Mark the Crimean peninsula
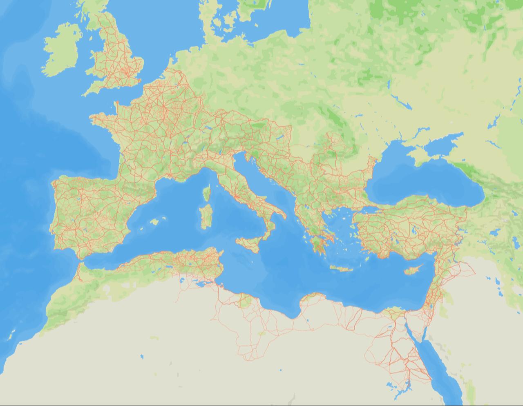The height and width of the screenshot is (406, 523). point(425,153)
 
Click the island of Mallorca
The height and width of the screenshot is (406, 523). point(154,222)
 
